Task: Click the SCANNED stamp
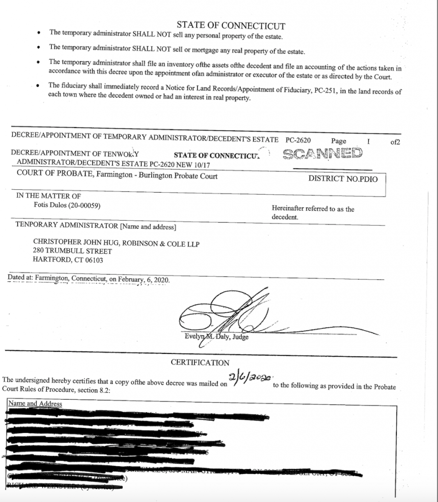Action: tap(322, 154)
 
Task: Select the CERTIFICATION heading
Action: tap(200, 363)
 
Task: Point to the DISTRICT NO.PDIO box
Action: tap(343, 179)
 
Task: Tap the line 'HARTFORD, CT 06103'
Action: tap(68, 260)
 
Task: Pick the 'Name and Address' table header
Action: tap(35, 404)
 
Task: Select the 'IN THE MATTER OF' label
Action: tap(49, 196)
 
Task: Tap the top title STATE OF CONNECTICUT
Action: tap(231, 26)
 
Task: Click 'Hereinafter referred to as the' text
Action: tap(313, 209)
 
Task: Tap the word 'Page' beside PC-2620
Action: tap(338, 141)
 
